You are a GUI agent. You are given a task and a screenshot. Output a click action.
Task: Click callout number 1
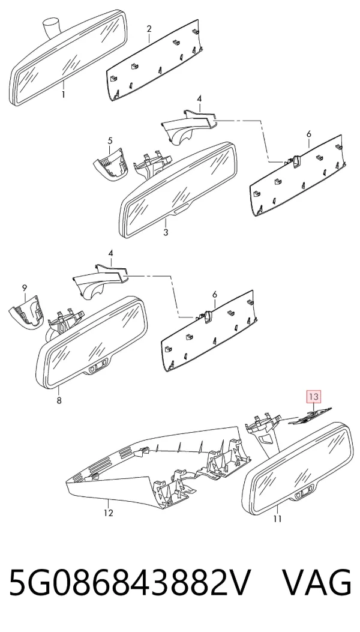tap(63, 95)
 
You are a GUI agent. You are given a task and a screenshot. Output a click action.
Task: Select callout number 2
tap(149, 29)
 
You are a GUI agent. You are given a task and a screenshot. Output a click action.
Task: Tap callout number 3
tap(166, 232)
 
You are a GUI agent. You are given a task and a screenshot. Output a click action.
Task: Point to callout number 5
tap(110, 141)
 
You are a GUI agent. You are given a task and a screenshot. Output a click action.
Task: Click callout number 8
tap(59, 401)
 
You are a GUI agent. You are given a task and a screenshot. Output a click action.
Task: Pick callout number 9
tap(25, 287)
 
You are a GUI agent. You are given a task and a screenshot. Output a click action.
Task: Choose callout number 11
tap(277, 519)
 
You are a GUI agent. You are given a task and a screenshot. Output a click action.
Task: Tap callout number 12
tap(109, 513)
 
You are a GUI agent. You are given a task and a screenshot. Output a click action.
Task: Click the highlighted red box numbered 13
tap(314, 397)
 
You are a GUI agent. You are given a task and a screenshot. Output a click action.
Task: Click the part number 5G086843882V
tap(130, 583)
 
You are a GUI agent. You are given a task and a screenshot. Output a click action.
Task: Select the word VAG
tap(316, 583)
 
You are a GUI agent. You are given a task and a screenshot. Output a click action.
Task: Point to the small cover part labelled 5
tap(110, 164)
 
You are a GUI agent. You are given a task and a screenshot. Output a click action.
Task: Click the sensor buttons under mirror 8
tap(98, 367)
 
